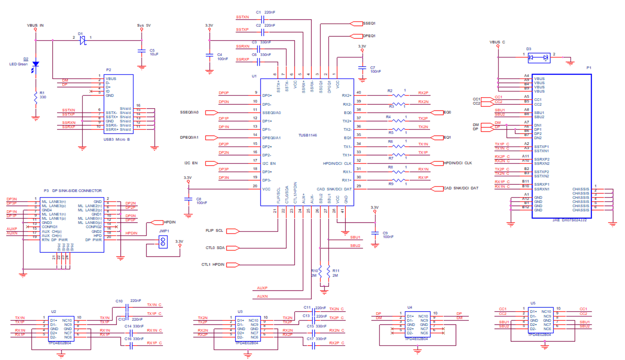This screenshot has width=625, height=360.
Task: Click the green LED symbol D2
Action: click(35, 65)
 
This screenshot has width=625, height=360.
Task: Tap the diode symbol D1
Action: click(82, 41)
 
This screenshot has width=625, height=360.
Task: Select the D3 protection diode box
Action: click(538, 58)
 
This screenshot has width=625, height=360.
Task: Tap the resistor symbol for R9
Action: click(399, 180)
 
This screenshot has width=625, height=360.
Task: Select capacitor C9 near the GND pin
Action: click(374, 233)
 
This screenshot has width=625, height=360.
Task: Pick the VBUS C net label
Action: click(498, 42)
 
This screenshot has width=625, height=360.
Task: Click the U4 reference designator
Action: click(409, 307)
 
